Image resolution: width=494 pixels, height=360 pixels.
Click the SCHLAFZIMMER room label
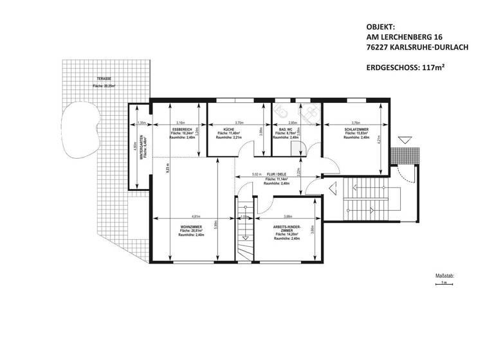click(356, 129)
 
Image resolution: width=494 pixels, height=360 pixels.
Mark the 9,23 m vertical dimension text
click(167, 172)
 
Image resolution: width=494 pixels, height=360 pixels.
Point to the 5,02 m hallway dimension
click(257, 174)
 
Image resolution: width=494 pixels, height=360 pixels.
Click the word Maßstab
click(444, 275)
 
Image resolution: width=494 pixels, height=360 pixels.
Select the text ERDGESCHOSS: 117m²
click(406, 66)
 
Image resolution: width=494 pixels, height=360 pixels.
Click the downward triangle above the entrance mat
click(403, 139)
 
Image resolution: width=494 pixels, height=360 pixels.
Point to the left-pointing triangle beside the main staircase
click(332, 188)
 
